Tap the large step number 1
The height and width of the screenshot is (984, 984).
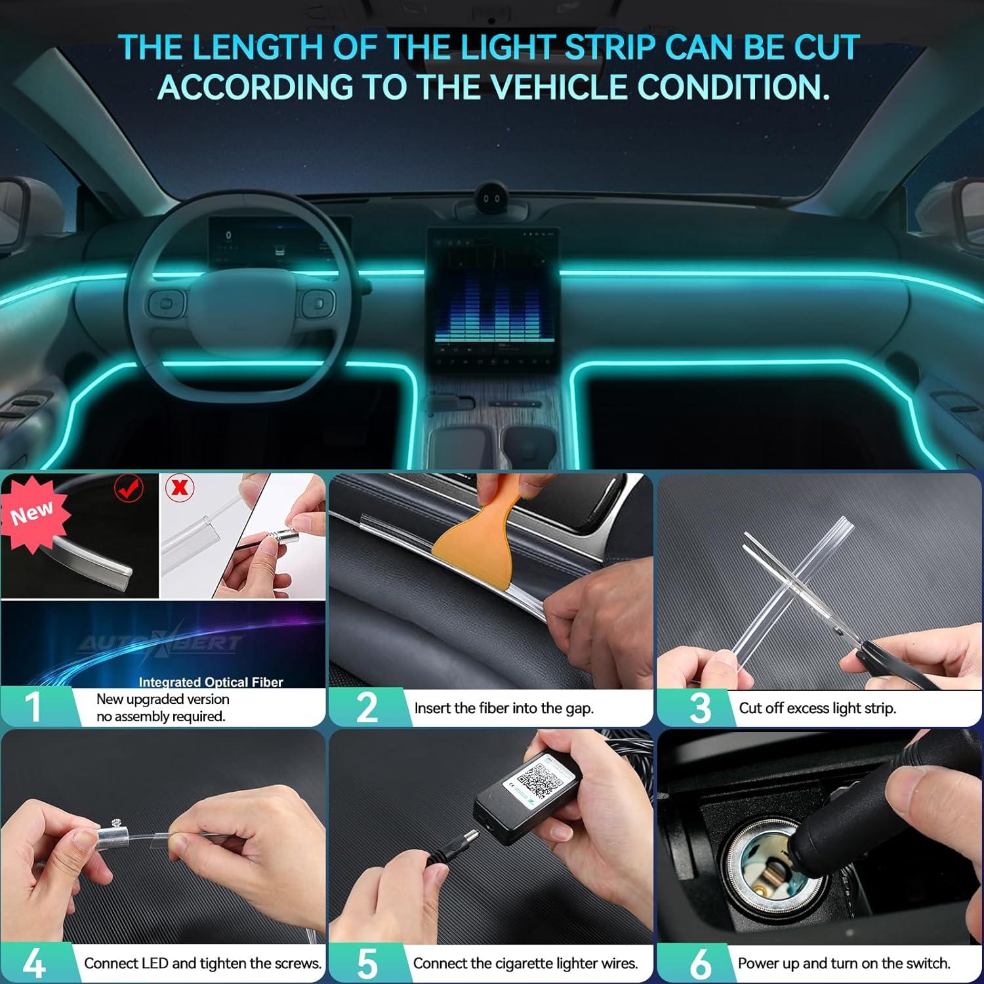pos(33,707)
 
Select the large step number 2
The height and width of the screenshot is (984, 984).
pos(367,707)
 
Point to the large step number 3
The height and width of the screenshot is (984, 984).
pos(700,708)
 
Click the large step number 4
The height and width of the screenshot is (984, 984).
pos(33,963)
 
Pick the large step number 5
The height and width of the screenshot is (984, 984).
pos(367,963)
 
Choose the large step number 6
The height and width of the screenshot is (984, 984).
pos(700,963)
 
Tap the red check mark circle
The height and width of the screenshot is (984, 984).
pos(129,488)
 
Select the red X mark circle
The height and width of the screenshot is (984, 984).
pos(180,487)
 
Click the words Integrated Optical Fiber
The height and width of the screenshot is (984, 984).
pos(211,682)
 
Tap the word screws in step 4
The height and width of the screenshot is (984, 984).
pos(298,963)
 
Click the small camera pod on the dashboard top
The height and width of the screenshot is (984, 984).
pos(493,198)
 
